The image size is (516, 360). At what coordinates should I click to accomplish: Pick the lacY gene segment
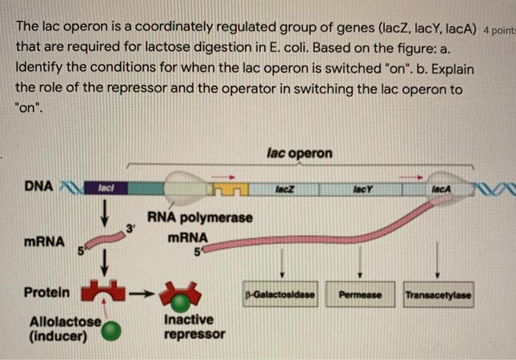360,190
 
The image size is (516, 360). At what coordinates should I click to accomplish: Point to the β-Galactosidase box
281,295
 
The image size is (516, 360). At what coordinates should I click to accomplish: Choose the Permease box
360,295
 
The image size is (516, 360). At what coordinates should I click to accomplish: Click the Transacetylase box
438,295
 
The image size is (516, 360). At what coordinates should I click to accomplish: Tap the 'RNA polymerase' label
200,218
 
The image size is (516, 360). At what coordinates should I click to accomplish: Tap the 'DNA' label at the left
38,186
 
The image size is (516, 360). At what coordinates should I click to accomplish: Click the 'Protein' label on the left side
46,292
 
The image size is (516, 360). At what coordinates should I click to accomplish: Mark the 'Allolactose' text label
65,322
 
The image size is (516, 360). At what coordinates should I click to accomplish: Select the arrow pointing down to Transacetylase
438,258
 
